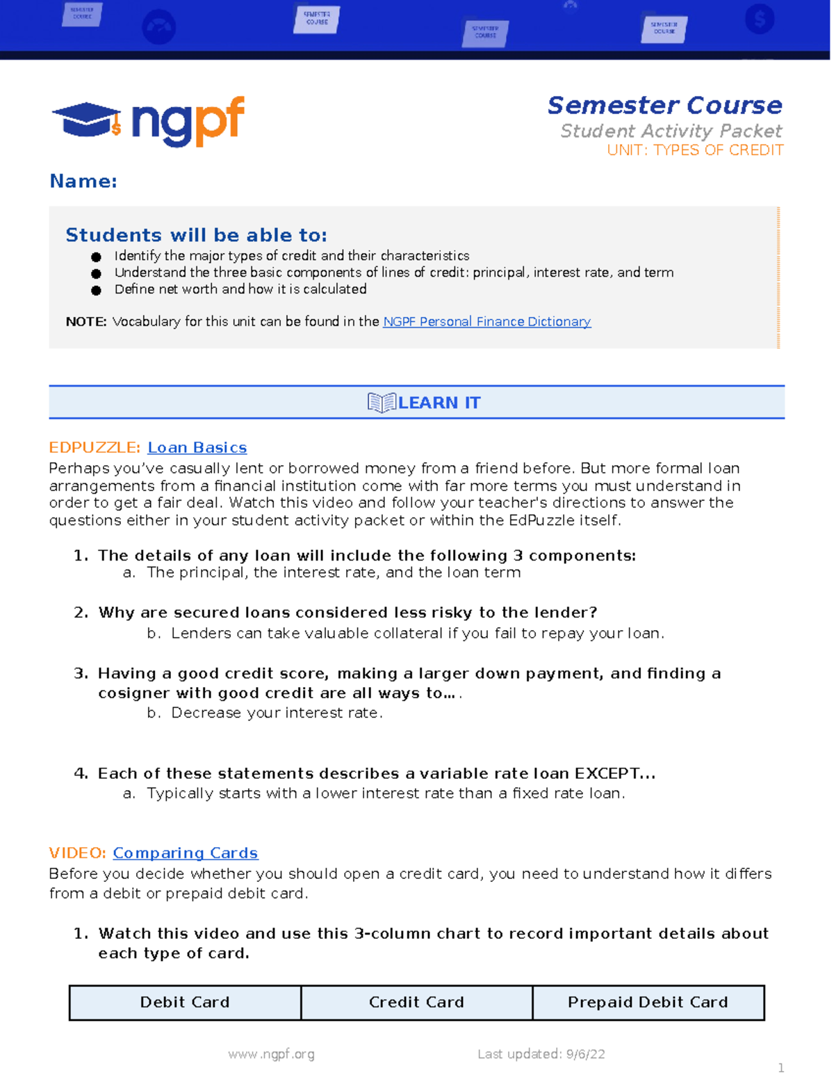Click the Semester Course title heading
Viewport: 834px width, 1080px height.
pyautogui.click(x=664, y=105)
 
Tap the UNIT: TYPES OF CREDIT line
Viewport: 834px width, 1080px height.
pyautogui.click(x=694, y=150)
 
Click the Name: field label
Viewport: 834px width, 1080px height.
pyautogui.click(x=83, y=182)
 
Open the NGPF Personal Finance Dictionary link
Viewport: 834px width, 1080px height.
pyautogui.click(x=486, y=321)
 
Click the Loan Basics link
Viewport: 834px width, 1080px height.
pyautogui.click(x=197, y=448)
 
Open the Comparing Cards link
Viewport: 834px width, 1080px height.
pyautogui.click(x=186, y=853)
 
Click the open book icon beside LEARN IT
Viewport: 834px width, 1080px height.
pyautogui.click(x=381, y=403)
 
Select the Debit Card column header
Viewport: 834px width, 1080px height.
pyautogui.click(x=185, y=1002)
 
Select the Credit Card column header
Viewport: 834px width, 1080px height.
pyautogui.click(x=416, y=1002)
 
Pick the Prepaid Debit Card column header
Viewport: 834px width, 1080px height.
pyautogui.click(x=648, y=1002)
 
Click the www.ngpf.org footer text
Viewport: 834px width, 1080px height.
pyautogui.click(x=271, y=1054)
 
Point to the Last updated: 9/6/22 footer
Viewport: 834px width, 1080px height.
pyautogui.click(x=541, y=1054)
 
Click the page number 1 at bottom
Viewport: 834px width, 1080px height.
pyautogui.click(x=781, y=1067)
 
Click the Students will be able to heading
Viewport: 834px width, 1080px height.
pyautogui.click(x=196, y=235)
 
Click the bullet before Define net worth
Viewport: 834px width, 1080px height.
pyautogui.click(x=96, y=290)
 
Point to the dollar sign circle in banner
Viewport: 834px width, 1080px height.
pyautogui.click(x=760, y=19)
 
